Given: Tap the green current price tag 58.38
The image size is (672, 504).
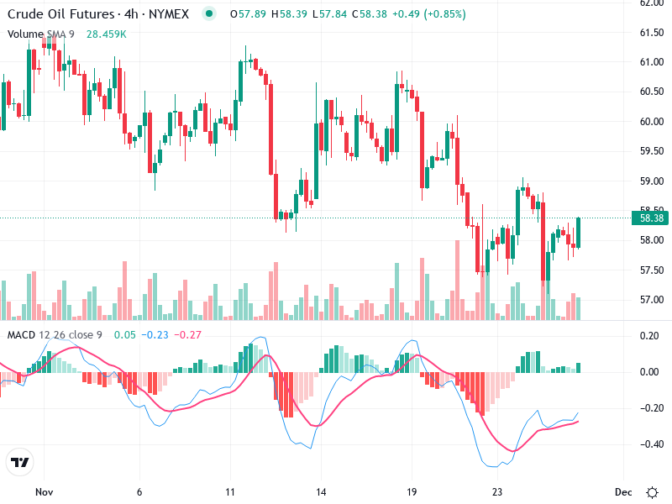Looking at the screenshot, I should pos(653,218).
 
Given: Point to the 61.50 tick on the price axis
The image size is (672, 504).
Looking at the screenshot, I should pos(652,33).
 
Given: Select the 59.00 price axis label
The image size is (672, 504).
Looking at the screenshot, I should pos(652,181).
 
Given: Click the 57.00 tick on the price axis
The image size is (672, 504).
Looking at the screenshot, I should pos(652,300).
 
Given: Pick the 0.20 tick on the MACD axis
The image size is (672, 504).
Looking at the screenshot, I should pos(649,336).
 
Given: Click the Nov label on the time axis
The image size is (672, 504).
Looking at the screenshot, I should pos(45,491).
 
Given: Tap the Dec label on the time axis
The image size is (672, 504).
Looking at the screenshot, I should pos(622,491).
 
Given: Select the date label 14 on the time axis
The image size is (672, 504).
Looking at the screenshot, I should pos(320,491).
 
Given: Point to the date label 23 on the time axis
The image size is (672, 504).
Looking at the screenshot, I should pos(498,491).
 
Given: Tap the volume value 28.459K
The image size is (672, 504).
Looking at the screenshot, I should pos(106,34).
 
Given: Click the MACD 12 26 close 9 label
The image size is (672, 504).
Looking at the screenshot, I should pos(57,335).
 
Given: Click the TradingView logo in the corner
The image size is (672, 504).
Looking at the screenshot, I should pos(19,463).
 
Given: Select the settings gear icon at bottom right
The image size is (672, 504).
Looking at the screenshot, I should pos(652,491).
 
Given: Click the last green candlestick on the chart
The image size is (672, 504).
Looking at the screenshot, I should pos(578,233).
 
